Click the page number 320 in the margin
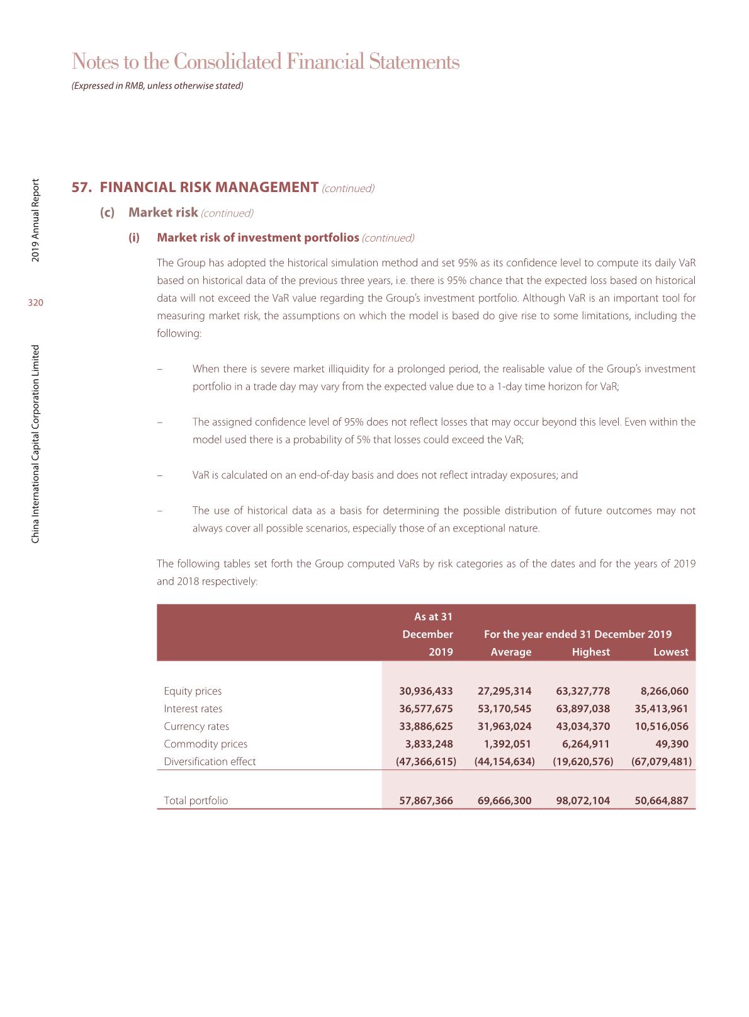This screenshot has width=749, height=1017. click(36, 303)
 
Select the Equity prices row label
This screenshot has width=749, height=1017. click(193, 691)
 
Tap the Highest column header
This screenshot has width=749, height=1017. click(590, 652)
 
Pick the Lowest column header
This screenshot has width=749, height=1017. click(670, 652)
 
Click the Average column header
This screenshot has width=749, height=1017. click(510, 652)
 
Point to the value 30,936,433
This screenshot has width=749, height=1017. click(426, 691)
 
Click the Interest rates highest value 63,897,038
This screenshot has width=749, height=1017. click(583, 708)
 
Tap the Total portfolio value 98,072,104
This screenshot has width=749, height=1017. click(583, 801)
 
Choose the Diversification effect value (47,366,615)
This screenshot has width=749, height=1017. click(425, 761)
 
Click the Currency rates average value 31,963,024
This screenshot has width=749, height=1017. click(504, 726)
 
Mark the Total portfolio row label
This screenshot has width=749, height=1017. click(196, 801)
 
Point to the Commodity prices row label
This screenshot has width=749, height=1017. click(205, 744)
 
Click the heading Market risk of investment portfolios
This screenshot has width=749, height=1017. click(258, 237)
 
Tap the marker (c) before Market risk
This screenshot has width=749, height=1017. click(108, 212)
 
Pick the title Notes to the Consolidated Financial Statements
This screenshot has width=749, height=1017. click(266, 62)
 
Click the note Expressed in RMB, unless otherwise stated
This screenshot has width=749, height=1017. click(157, 86)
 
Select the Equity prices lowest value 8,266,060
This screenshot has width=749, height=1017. click(661, 691)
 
